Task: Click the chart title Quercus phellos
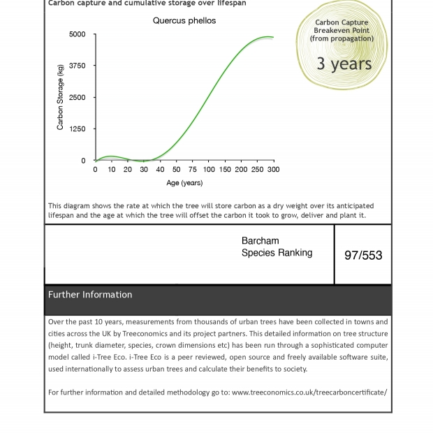pyautogui.click(x=184, y=21)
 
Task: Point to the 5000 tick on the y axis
pyautogui.click(x=78, y=34)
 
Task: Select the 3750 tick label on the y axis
pyautogui.click(x=78, y=66)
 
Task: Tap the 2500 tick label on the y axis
pyautogui.click(x=78, y=98)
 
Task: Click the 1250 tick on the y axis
pyautogui.click(x=78, y=129)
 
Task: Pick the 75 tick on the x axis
pyautogui.click(x=193, y=170)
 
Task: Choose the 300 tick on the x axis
pyautogui.click(x=273, y=170)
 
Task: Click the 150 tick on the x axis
pyautogui.click(x=225, y=170)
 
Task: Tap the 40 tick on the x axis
pyautogui.click(x=160, y=170)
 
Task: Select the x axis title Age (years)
pyautogui.click(x=184, y=183)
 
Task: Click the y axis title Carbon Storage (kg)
pyautogui.click(x=60, y=98)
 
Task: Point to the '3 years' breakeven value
pyautogui.click(x=344, y=64)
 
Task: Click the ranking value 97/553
pyautogui.click(x=363, y=256)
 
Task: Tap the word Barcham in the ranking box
pyautogui.click(x=260, y=241)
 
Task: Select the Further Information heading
pyautogui.click(x=90, y=295)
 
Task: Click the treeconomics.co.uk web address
pyautogui.click(x=309, y=392)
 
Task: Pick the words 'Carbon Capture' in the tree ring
pyautogui.click(x=342, y=22)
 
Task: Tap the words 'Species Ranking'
pyautogui.click(x=277, y=253)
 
